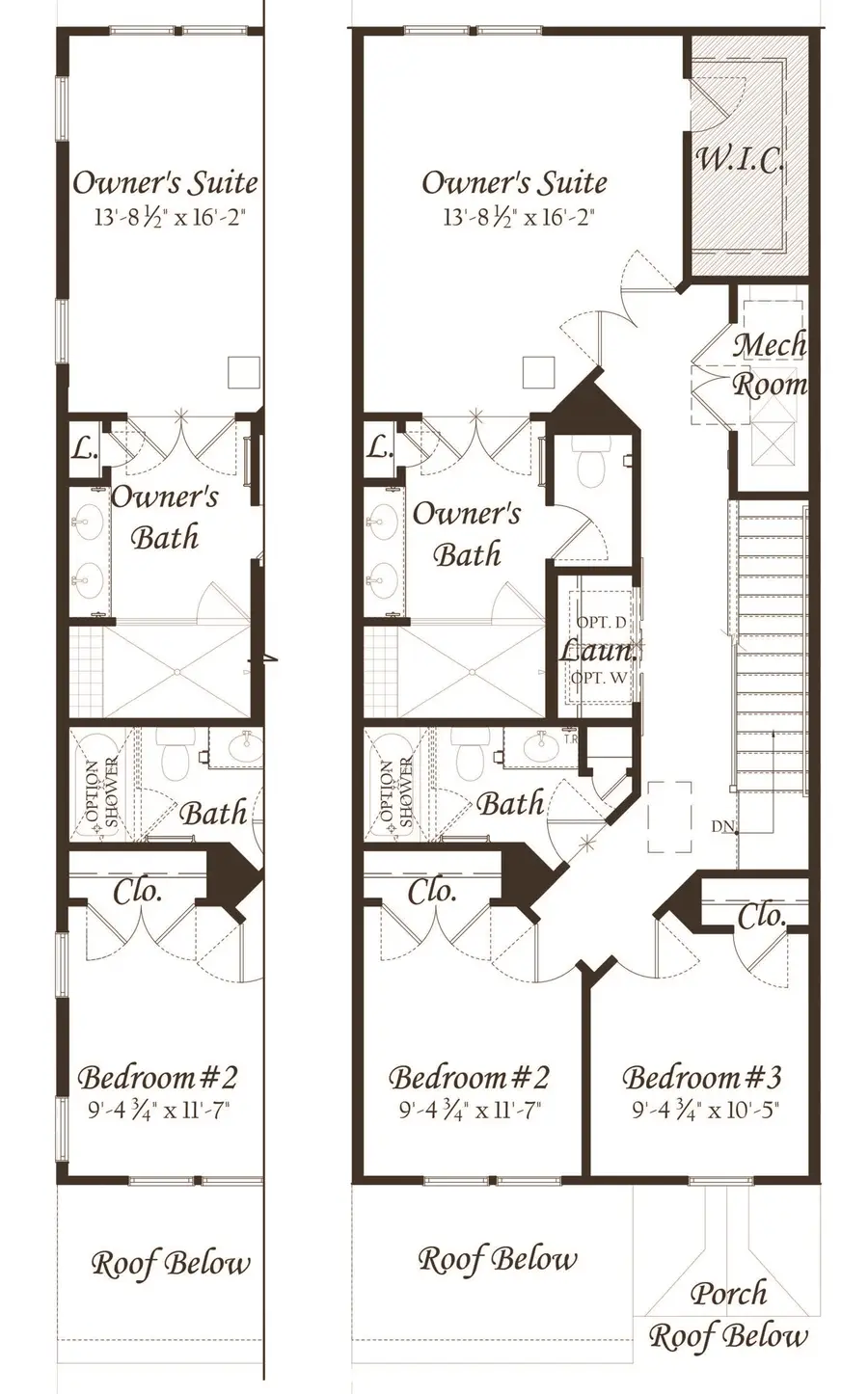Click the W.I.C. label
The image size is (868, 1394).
point(740,159)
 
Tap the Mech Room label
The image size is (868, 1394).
point(770,364)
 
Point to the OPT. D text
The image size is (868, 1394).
point(601,623)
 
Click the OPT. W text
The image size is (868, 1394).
point(599,677)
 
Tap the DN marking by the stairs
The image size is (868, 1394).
point(722,826)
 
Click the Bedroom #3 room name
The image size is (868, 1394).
point(701,1077)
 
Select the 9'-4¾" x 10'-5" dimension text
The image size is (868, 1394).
point(705,1110)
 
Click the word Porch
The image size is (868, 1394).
point(729,1293)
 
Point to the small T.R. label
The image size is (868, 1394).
point(570,740)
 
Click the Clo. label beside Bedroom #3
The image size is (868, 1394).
point(762,915)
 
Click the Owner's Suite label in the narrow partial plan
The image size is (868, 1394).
point(165,181)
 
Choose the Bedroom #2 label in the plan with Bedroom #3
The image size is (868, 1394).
point(469,1077)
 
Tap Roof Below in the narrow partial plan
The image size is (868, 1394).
point(171,1263)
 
